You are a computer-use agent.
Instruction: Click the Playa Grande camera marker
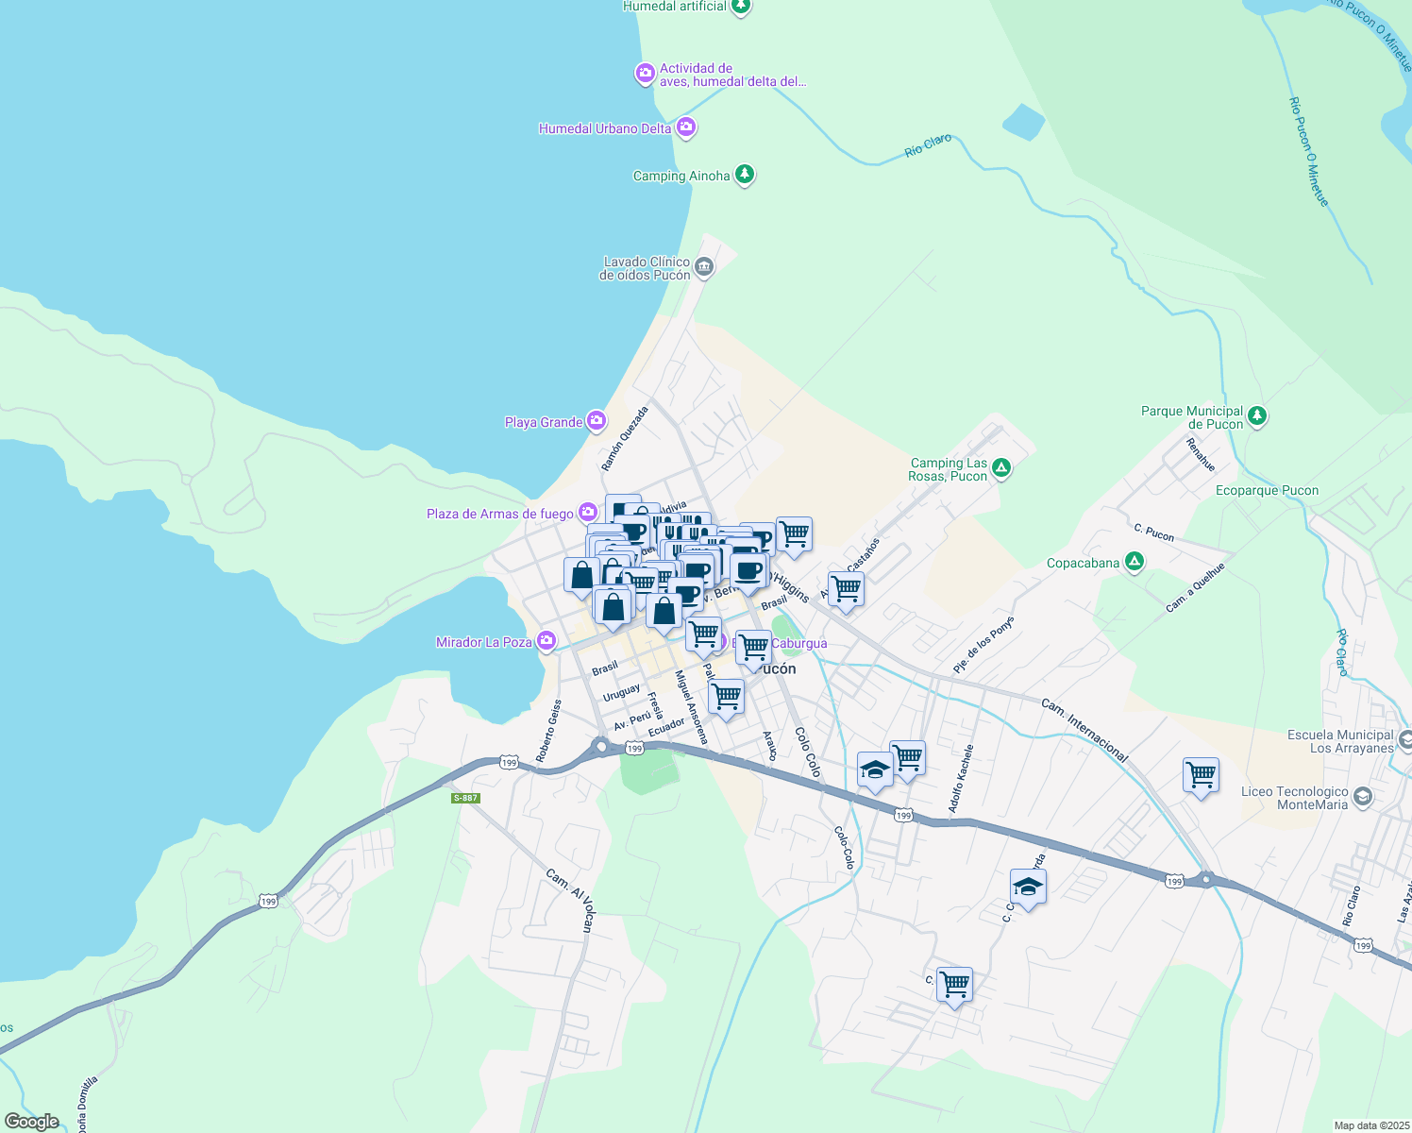click(596, 421)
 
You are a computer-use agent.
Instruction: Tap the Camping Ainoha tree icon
click(745, 175)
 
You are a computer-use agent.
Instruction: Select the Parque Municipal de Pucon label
click(1192, 417)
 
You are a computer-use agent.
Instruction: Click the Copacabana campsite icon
click(1135, 562)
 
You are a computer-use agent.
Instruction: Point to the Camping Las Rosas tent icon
click(1001, 467)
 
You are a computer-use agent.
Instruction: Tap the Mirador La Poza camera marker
click(546, 641)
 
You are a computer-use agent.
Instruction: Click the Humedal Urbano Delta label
click(605, 128)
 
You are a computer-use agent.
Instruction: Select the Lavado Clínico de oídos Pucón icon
click(704, 268)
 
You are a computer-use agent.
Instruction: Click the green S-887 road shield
click(466, 798)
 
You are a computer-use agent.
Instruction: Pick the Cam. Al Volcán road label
click(569, 900)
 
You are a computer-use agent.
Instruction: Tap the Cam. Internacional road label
click(1085, 730)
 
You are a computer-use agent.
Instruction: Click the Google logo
click(32, 1122)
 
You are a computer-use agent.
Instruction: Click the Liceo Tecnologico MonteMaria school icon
click(1362, 798)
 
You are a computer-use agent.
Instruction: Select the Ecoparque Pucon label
click(1267, 490)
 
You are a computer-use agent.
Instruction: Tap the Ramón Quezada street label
click(625, 439)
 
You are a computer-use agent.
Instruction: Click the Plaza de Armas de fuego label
click(500, 514)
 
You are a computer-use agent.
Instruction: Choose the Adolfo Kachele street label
click(961, 779)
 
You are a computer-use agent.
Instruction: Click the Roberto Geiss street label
click(548, 731)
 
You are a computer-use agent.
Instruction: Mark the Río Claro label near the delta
click(928, 145)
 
